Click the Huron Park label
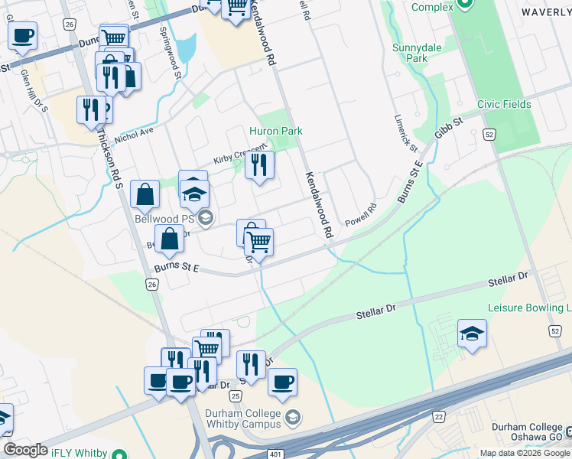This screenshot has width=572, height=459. click(275, 131)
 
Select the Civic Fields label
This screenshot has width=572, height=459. click(503, 104)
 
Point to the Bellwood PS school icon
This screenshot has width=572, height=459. click(204, 220)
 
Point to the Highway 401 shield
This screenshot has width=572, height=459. click(275, 454)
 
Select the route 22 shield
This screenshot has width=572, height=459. click(438, 415)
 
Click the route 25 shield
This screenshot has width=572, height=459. click(236, 396)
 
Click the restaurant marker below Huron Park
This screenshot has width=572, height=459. click(259, 164)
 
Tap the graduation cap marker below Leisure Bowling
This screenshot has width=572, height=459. click(472, 334)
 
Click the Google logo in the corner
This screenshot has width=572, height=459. click(25, 450)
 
